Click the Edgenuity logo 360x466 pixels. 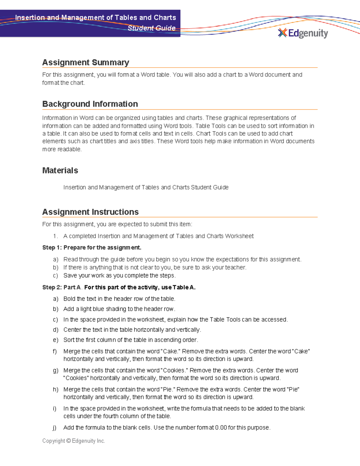click(303, 33)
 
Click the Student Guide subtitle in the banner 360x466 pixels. click(151, 28)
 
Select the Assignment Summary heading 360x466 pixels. click(85, 62)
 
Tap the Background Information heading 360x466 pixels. click(90, 104)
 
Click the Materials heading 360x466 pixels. click(60, 170)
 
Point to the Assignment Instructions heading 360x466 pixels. click(90, 212)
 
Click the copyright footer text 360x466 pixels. click(73, 441)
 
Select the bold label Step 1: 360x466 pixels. click(52, 248)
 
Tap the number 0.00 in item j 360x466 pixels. click(221, 428)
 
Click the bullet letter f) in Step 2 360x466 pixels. click(55, 351)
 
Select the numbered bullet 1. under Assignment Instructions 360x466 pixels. click(55, 236)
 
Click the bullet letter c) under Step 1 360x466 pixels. click(55, 275)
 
